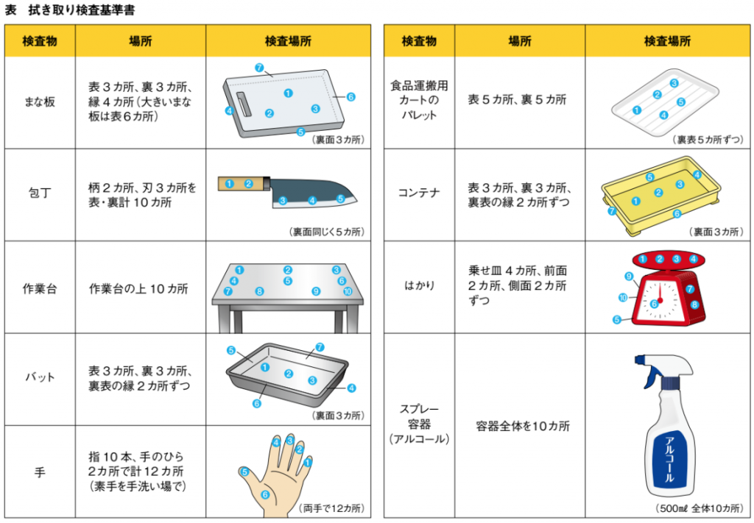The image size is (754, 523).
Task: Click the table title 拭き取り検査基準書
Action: (82, 10)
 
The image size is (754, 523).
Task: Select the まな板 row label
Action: (40, 102)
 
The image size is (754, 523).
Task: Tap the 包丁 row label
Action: (40, 193)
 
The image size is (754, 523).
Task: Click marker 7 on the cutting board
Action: (259, 68)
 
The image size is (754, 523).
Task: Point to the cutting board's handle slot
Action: (243, 104)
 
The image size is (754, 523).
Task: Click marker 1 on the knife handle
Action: (230, 184)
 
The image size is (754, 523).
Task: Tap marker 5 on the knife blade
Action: (340, 199)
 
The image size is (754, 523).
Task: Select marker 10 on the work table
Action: (348, 291)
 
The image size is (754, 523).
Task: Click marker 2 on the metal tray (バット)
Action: (289, 374)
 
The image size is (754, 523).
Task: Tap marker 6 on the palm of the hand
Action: (265, 494)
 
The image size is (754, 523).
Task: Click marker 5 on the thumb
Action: (244, 472)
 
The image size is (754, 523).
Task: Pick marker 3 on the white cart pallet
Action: (674, 83)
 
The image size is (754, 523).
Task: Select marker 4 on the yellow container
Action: (697, 175)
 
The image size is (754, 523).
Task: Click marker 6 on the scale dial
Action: (654, 304)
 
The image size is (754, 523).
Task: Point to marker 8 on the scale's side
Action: (694, 305)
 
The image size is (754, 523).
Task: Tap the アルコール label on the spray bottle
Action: (669, 459)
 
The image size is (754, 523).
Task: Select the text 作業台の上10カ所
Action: (138, 289)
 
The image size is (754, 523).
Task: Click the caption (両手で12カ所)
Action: (331, 508)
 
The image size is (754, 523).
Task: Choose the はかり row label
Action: (419, 285)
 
